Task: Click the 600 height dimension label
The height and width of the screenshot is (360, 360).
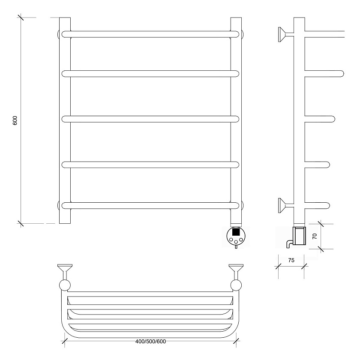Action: pyautogui.click(x=15, y=120)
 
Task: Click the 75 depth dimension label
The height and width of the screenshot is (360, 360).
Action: pyautogui.click(x=291, y=260)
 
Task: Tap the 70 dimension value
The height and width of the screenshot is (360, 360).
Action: pyautogui.click(x=315, y=236)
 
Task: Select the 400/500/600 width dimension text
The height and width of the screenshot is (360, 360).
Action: pyautogui.click(x=150, y=342)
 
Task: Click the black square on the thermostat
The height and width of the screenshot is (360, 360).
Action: pyautogui.click(x=236, y=232)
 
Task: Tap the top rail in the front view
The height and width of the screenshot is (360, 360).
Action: pyautogui.click(x=150, y=34)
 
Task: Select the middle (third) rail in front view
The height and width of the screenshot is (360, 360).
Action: pyautogui.click(x=150, y=119)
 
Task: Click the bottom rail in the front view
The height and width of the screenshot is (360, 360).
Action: pyautogui.click(x=150, y=205)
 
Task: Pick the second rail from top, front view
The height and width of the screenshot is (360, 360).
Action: pyautogui.click(x=150, y=74)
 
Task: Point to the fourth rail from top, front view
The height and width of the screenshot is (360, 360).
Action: pyautogui.click(x=150, y=165)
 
